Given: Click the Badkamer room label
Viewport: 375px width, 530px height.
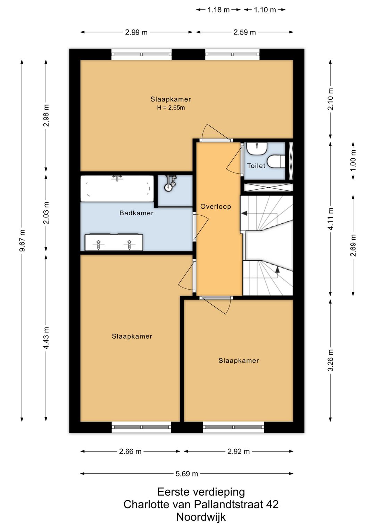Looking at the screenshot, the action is tap(136, 213).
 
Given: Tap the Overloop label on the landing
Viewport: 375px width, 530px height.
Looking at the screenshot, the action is tap(216, 207).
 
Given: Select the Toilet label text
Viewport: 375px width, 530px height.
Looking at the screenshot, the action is tap(256, 166).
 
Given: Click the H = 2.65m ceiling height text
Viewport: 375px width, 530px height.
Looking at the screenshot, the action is tap(171, 108).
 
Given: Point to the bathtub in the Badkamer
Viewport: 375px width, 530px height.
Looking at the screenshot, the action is tap(117, 189).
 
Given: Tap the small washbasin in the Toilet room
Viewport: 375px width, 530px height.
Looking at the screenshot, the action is tap(257, 148).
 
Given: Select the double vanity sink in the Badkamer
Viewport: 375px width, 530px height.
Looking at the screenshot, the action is tap(114, 242).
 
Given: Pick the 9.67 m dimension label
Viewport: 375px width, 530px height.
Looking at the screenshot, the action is tap(22, 241).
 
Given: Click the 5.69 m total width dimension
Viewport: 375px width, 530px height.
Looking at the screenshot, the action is tap(187, 474).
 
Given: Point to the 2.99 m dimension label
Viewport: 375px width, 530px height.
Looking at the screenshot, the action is tap(136, 32).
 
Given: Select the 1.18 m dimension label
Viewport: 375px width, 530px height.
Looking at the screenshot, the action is tap(218, 10).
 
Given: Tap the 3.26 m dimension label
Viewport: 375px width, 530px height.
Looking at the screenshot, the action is tap(331, 360).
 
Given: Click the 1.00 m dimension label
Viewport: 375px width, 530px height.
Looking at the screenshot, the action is tap(353, 161).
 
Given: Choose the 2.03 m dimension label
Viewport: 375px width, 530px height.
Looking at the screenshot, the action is tap(46, 213).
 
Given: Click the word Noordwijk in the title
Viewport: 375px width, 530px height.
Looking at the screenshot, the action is tap(201, 517).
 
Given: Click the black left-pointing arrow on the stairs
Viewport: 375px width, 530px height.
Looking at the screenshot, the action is tap(244, 213).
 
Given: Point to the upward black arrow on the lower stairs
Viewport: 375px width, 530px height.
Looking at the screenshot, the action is tap(277, 270).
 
